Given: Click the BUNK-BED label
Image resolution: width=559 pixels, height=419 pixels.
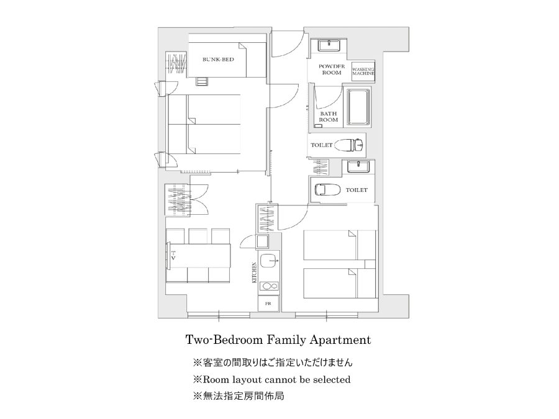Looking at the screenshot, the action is point(218,60).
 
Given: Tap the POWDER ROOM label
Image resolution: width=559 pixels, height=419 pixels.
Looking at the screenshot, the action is point(332,70).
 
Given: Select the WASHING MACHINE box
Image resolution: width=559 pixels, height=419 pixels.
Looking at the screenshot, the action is point(363,71).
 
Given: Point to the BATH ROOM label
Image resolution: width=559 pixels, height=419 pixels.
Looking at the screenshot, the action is point(329,117).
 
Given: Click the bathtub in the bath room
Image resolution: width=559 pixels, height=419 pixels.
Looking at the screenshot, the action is point(358,107).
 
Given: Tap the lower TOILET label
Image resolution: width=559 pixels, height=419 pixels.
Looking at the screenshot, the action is point(357,190).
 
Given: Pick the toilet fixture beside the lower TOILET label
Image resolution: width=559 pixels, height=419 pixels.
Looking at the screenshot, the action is point(327,189).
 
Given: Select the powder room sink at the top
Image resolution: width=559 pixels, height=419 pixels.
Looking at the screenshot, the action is point(330,45).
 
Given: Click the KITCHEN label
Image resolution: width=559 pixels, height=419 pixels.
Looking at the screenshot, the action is point(255,273).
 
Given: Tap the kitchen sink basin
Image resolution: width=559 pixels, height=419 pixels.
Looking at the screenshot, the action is point(269,261).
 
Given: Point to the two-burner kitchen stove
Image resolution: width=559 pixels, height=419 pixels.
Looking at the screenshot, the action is point(269,286).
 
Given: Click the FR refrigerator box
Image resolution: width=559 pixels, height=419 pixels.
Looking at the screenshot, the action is point(268,304).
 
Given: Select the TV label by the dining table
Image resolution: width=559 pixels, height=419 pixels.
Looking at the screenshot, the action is point(173,255).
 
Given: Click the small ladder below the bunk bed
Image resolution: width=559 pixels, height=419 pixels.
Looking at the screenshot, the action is point(202,81).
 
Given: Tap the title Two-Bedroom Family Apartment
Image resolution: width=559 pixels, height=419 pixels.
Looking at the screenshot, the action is point(278,340).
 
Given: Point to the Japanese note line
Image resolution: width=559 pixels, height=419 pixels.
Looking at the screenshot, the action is point(273,363).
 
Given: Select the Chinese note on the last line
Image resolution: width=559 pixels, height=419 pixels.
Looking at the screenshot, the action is point(239,396).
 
